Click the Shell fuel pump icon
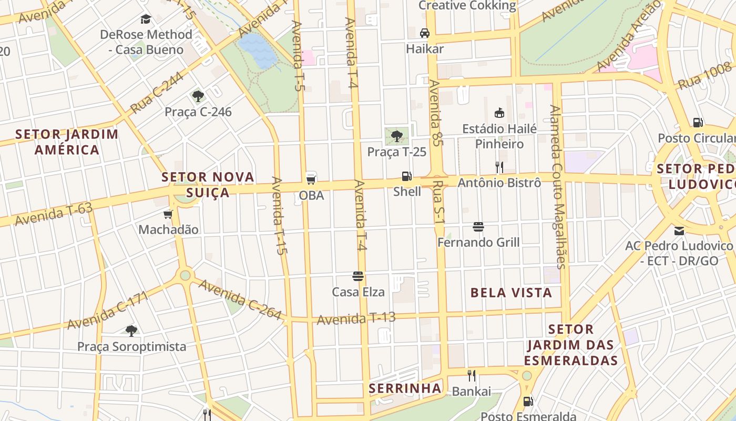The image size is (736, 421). coord(406,176)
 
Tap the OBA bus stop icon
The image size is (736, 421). coord(311,178)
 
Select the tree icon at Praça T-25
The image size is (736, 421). coord(397,136)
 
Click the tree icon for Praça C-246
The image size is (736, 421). coord(198,96)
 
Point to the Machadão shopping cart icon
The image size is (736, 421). coord(168,214)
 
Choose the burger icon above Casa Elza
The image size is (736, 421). coord(358,276)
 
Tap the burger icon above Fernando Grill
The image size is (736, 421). coord(478,227)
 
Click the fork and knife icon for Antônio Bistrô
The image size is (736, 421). coord(499,167)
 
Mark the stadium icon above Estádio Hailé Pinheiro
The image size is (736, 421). coord(499,113)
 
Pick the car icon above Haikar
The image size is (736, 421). coord(425,33)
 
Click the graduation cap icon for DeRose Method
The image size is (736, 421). coord(146,19)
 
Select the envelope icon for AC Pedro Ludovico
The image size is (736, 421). coord(679,230)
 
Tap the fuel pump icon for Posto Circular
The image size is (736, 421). coord(698,123)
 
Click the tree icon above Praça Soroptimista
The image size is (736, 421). coord(131,330)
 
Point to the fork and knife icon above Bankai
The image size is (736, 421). coord(472,376)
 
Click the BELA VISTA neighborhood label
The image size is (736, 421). coord(511,293)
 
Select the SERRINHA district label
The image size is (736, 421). coord(405,388)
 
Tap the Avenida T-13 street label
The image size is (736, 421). coord(356,318)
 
